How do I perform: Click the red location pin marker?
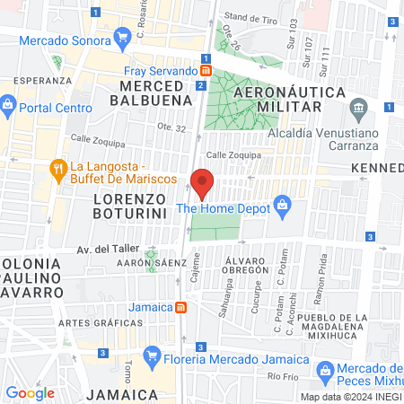202,182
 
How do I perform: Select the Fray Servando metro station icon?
206,70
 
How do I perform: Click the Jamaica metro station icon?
181,307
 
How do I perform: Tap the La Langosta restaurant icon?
58,168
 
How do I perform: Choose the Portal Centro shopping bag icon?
7,106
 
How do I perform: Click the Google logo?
30,392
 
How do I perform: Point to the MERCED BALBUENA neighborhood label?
151,92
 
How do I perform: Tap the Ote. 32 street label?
172,128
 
